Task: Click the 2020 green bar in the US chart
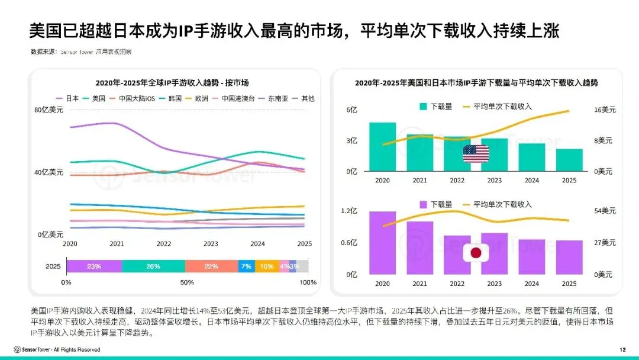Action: [x=382, y=147]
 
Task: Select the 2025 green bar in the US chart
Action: [x=569, y=160]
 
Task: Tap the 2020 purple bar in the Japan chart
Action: [x=382, y=243]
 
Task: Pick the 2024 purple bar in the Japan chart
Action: [x=532, y=257]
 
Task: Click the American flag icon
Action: [x=476, y=153]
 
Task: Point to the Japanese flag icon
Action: [x=476, y=253]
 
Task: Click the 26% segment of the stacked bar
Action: [x=153, y=266]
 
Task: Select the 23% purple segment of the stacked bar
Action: [x=94, y=266]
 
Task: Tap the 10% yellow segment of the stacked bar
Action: [x=266, y=266]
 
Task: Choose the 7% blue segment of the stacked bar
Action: [x=246, y=266]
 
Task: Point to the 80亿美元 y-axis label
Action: [x=50, y=110]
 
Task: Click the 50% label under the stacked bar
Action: [x=187, y=282]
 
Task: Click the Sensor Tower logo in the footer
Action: [x=35, y=349]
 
